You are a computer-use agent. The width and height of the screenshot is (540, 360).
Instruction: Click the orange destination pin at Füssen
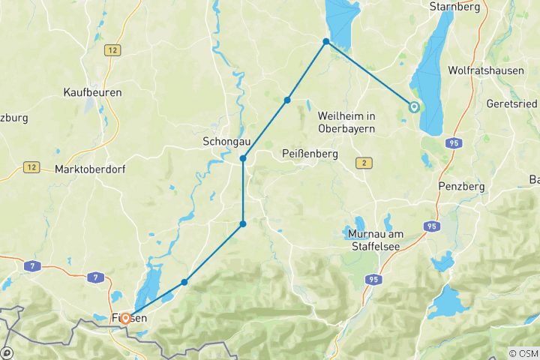125,318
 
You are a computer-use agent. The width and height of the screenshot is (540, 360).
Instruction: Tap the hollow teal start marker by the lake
413,107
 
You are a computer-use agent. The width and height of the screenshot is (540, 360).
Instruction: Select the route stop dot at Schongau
243,158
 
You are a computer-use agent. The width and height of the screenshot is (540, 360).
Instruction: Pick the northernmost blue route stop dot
326,41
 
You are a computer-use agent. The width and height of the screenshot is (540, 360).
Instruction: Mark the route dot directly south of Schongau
243,224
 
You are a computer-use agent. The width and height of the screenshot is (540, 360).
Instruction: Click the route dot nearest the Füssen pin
184,282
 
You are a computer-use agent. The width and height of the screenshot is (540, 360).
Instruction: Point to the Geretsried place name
512,103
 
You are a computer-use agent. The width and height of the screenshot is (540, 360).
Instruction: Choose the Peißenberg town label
310,154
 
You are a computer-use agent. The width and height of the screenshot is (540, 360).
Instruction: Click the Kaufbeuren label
93,92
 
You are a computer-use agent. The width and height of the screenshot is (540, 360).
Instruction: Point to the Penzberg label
461,186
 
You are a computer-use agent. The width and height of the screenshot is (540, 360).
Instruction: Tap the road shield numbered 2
364,163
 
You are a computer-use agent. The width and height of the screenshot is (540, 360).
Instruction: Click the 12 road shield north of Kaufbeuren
113,49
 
